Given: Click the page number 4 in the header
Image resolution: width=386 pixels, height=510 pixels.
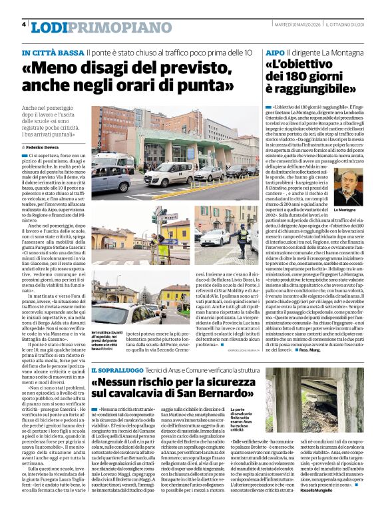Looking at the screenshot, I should coord(25,25).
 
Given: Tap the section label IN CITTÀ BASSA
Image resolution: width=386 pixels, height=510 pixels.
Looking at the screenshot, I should coord(53,53).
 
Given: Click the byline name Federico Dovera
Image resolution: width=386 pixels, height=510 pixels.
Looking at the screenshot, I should coord(42,146).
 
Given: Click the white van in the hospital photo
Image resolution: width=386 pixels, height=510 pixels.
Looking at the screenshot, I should coord(168,174).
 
